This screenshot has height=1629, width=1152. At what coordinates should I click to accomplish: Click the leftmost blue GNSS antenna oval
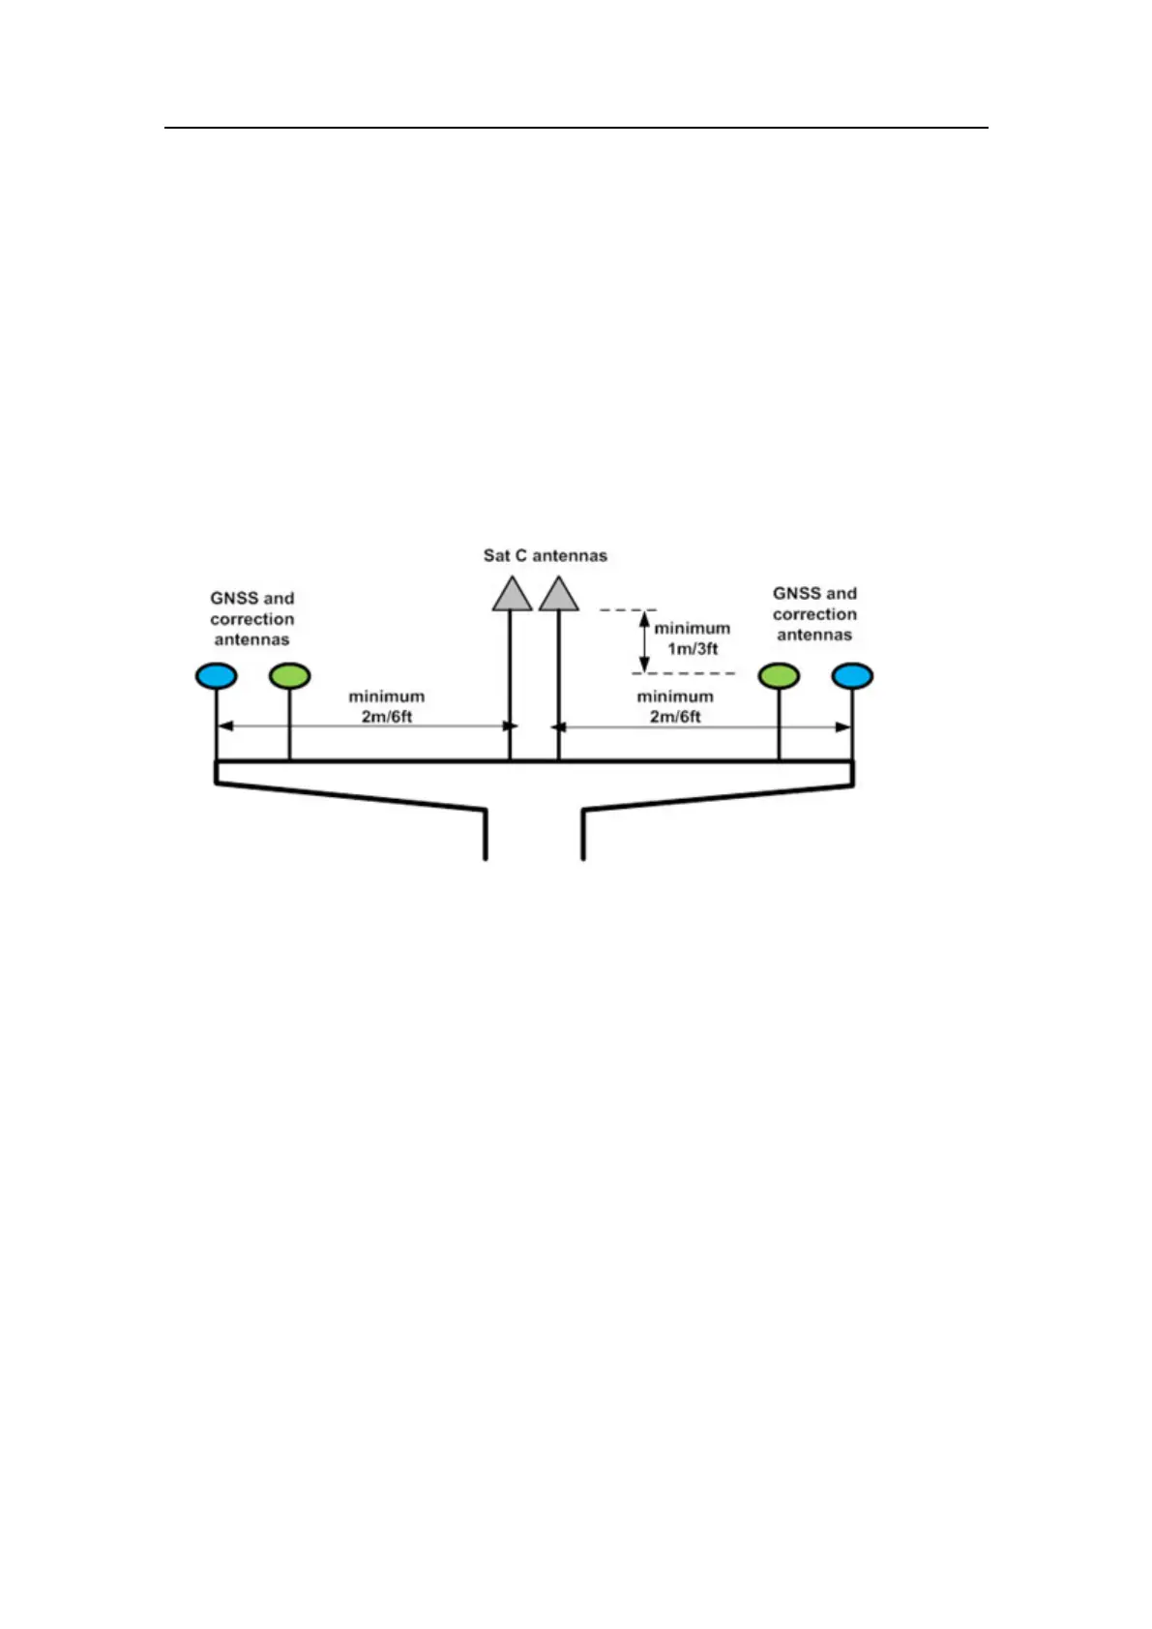(216, 675)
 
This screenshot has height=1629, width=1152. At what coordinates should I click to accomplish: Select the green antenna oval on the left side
(289, 675)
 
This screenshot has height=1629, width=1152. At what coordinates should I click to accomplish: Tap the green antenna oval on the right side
(779, 675)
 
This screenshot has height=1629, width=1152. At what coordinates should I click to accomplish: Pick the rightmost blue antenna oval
(852, 675)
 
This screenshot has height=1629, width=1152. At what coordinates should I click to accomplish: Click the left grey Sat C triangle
(512, 594)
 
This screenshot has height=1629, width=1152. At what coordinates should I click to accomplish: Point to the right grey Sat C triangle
(559, 594)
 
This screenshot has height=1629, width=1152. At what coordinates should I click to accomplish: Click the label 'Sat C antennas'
(546, 555)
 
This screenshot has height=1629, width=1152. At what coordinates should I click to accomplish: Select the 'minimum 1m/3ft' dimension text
(693, 638)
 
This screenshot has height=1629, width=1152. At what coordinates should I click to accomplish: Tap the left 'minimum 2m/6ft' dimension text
(387, 706)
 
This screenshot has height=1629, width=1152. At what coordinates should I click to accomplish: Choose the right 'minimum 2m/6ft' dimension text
(675, 706)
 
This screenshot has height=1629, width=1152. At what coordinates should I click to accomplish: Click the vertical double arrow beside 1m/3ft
(645, 641)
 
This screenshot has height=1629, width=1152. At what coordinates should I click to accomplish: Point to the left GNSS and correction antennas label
(252, 619)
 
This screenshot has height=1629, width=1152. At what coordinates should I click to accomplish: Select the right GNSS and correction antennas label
(814, 614)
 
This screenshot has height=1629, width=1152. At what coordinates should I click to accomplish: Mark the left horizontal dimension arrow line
(363, 726)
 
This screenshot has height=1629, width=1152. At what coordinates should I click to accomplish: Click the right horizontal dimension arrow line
(701, 726)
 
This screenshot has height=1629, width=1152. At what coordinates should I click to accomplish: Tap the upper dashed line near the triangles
(629, 610)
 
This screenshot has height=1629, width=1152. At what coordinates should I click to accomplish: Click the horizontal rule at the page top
(576, 127)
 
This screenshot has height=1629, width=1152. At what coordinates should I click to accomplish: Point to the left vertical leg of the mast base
(486, 834)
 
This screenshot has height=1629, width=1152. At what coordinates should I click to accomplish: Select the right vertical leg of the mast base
(582, 834)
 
